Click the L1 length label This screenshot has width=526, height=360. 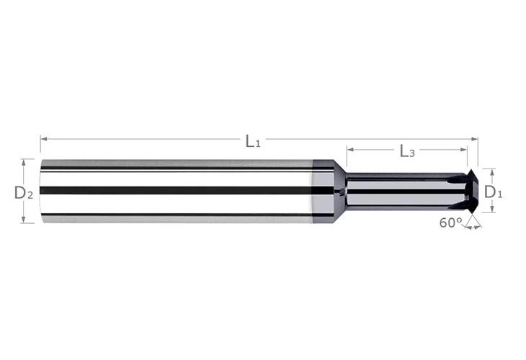252,141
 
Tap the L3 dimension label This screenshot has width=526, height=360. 407,151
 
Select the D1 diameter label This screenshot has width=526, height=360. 493,192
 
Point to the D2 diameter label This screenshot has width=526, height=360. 24,192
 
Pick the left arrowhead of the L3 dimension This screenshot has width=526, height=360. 349,150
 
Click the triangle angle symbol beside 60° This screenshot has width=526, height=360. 473,222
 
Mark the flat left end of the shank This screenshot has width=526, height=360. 41,191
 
